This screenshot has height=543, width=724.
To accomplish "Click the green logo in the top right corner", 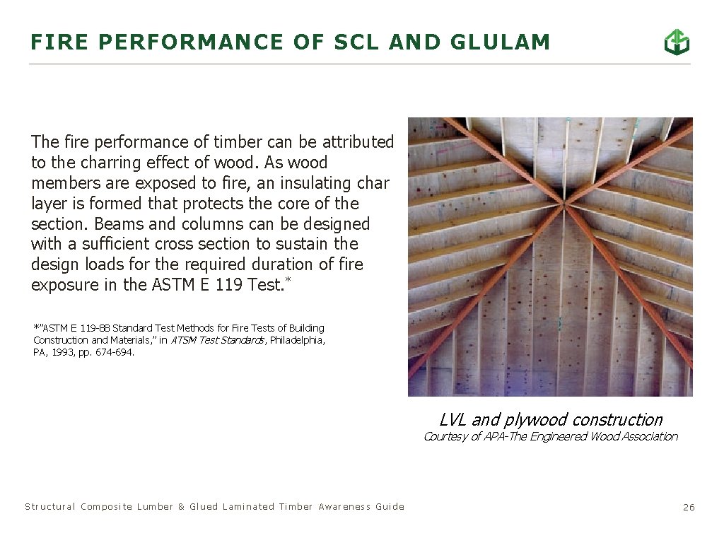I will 677,42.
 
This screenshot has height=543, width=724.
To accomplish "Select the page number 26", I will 689,507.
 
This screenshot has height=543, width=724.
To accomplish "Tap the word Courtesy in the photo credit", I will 444,436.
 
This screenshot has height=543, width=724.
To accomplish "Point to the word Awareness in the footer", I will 344,506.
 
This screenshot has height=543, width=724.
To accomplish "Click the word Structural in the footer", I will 50,506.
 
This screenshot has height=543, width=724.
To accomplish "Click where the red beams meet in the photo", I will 564,205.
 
